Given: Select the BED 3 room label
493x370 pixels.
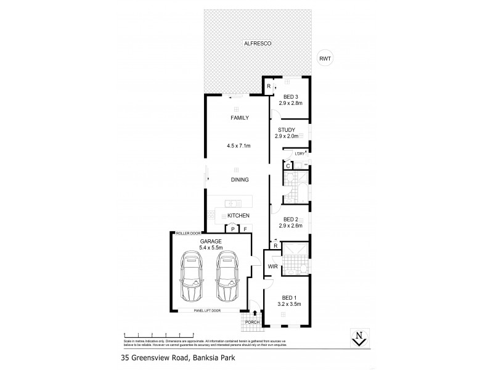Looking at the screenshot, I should tap(291, 97).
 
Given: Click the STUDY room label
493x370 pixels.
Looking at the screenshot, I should tap(287, 129).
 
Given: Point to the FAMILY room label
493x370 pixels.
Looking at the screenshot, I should tap(239, 117).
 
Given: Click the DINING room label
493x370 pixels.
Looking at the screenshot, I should tap(239, 180).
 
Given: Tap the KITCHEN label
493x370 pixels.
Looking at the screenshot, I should tap(238, 215).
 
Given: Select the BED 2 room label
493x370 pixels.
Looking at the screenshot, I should tap(291, 220).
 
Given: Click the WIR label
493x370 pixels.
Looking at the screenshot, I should tap(272, 266).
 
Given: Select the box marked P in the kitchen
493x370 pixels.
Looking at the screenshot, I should tap(232, 229).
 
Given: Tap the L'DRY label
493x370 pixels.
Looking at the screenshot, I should tap(300, 153).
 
